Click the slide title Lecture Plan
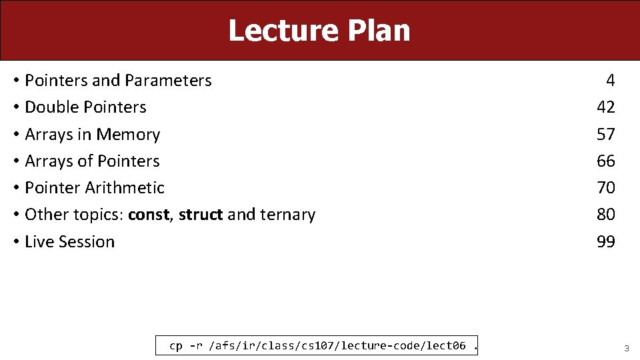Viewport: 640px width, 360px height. [319, 31]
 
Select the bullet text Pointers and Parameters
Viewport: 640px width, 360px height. [118, 81]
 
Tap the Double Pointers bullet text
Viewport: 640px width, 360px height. [85, 107]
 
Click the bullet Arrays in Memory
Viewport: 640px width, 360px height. [92, 134]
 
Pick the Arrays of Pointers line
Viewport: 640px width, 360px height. [92, 161]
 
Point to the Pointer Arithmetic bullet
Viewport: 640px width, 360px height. [94, 187]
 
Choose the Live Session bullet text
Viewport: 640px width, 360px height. [69, 241]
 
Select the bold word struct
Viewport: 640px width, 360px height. [201, 215]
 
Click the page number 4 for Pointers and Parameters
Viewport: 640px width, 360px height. [610, 81]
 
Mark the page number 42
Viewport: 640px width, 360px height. [606, 107]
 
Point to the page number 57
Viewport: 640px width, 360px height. [606, 134]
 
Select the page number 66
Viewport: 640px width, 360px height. [606, 161]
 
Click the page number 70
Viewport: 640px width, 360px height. [606, 187]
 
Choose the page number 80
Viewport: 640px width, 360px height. [606, 215]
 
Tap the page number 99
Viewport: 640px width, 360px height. [606, 241]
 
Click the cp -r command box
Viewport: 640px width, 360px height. [317, 345]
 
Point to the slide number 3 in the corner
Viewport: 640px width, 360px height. [626, 348]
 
